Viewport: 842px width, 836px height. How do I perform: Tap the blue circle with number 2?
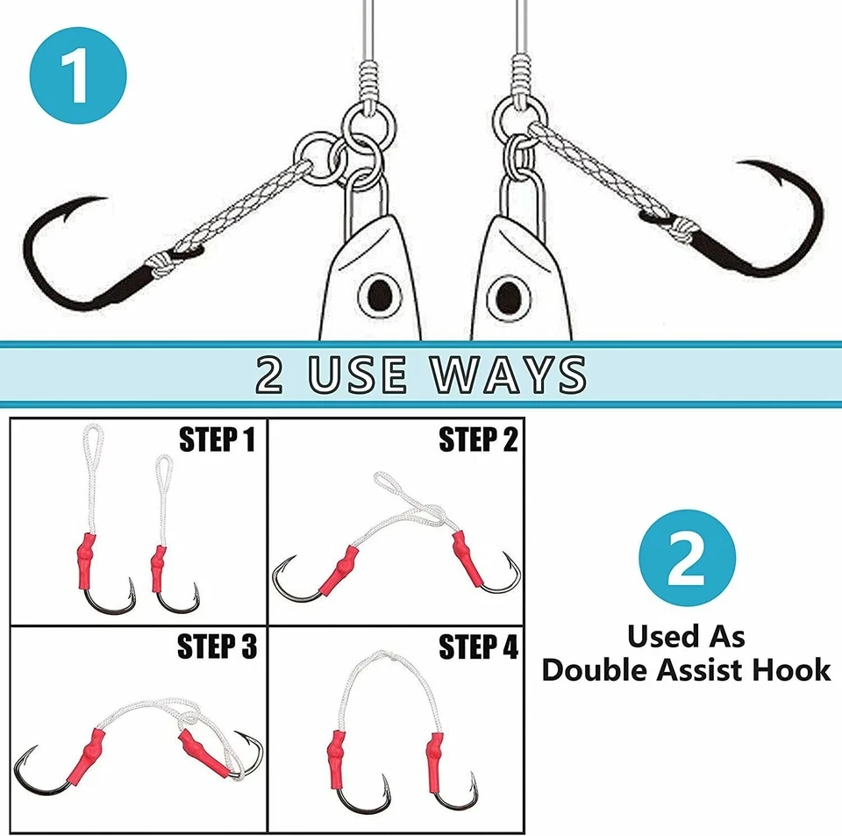(x=687, y=560)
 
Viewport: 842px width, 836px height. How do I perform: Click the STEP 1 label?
(x=217, y=439)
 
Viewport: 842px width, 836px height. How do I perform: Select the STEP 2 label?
(x=478, y=439)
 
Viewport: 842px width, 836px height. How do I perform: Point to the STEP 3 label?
(x=217, y=647)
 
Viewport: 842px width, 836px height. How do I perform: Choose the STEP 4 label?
(x=478, y=647)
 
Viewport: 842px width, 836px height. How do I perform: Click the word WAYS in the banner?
(x=508, y=374)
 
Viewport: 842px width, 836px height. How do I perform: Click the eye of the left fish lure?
(x=380, y=292)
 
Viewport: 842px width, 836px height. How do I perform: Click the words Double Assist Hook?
(x=686, y=670)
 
